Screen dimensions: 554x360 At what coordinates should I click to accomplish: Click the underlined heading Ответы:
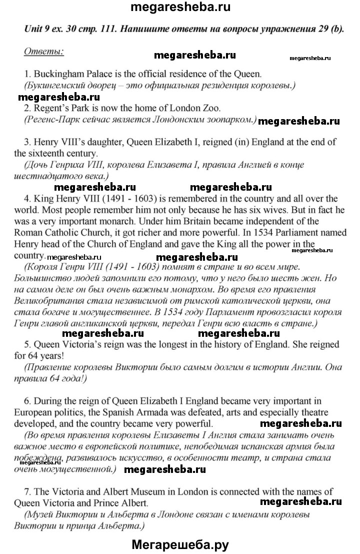(44, 51)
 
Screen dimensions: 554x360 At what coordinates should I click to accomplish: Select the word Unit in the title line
(34, 29)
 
